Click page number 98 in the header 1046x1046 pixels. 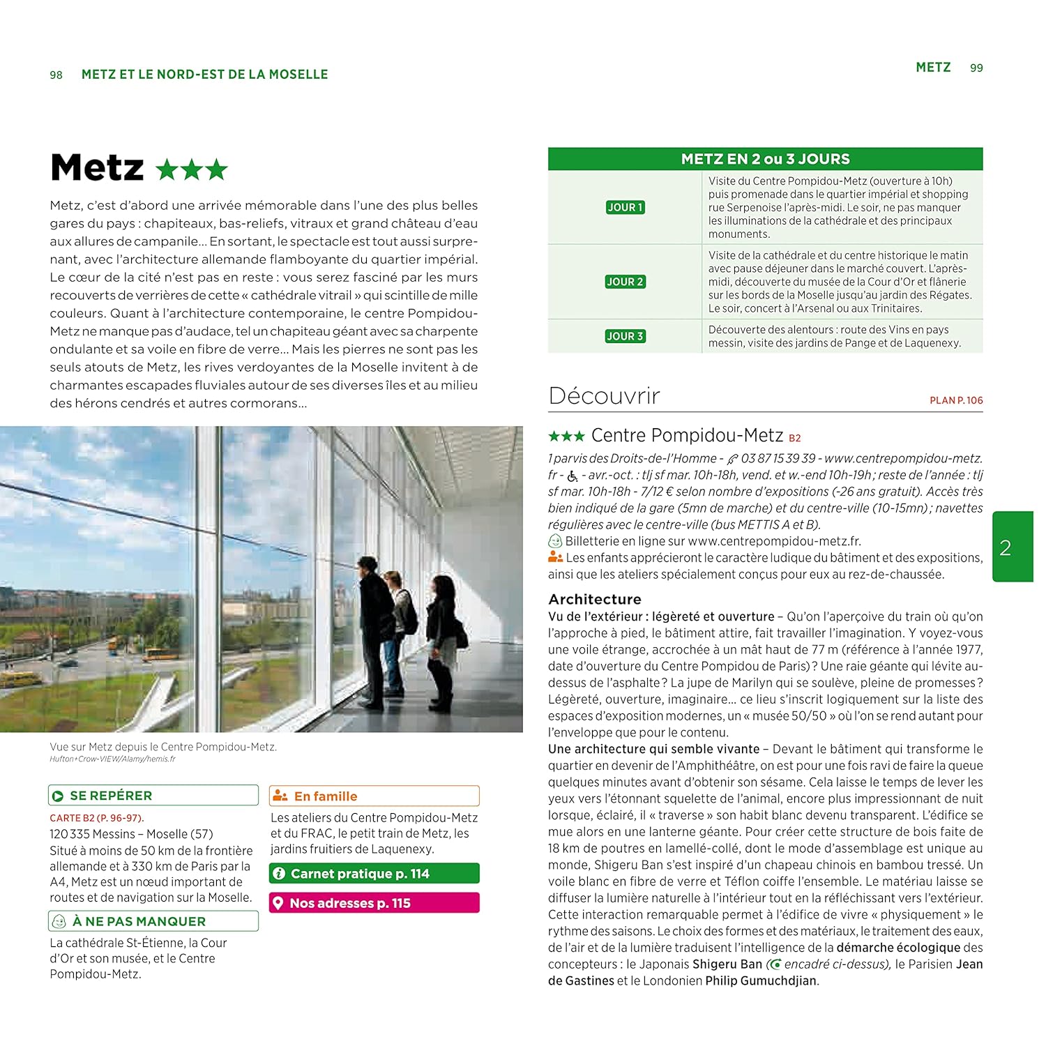coord(56,75)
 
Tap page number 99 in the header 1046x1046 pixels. coord(976,68)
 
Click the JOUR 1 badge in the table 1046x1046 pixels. coord(625,207)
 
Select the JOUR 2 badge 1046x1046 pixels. coord(625,282)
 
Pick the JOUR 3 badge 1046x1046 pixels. coord(625,336)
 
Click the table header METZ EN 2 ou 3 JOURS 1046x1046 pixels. coord(765,159)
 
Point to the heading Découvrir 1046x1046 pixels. coord(604,396)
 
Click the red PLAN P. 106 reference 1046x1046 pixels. coord(956,400)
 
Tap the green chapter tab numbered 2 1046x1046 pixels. coord(1012,547)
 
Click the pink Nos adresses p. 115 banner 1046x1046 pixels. coord(374,903)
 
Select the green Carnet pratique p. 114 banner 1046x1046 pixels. coord(374,874)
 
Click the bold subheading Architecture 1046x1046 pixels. coord(595,599)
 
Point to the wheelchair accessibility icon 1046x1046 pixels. coord(573,476)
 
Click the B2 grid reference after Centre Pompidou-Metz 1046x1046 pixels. coord(795,439)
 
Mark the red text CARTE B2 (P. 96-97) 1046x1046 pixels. coord(97,818)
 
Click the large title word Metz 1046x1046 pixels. coord(98,168)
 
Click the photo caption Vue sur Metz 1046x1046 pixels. coord(163,747)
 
